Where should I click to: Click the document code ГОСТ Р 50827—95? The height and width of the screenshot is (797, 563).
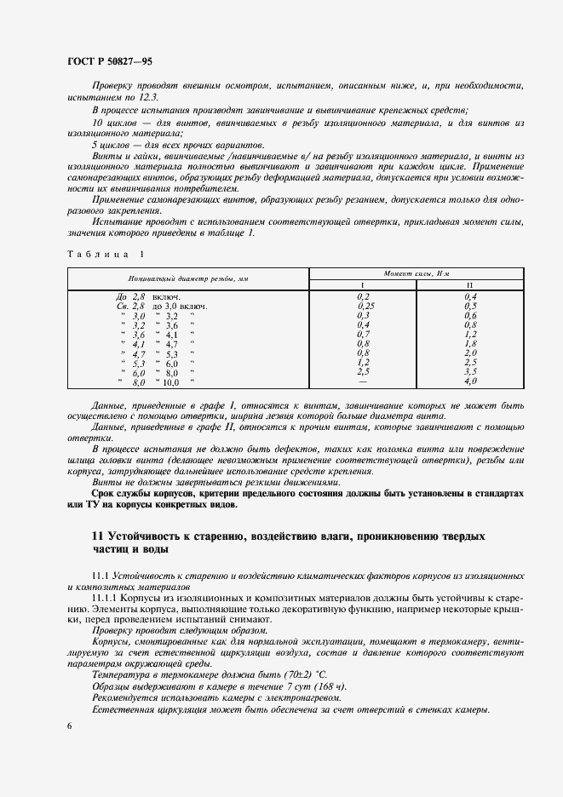[x=109, y=62]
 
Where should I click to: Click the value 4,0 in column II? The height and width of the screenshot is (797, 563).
[x=470, y=382]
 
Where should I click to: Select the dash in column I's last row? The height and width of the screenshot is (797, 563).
[x=363, y=382]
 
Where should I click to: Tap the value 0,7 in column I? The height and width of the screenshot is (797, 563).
[x=363, y=334]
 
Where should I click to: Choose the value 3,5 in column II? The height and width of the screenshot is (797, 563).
[x=470, y=372]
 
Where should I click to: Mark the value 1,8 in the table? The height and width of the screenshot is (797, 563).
[x=470, y=343]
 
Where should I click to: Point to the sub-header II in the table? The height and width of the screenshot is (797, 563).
[x=470, y=284]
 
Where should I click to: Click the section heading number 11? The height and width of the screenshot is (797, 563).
[x=97, y=537]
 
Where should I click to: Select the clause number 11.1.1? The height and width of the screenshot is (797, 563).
[x=106, y=599]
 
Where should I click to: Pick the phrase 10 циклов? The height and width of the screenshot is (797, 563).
[x=116, y=123]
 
